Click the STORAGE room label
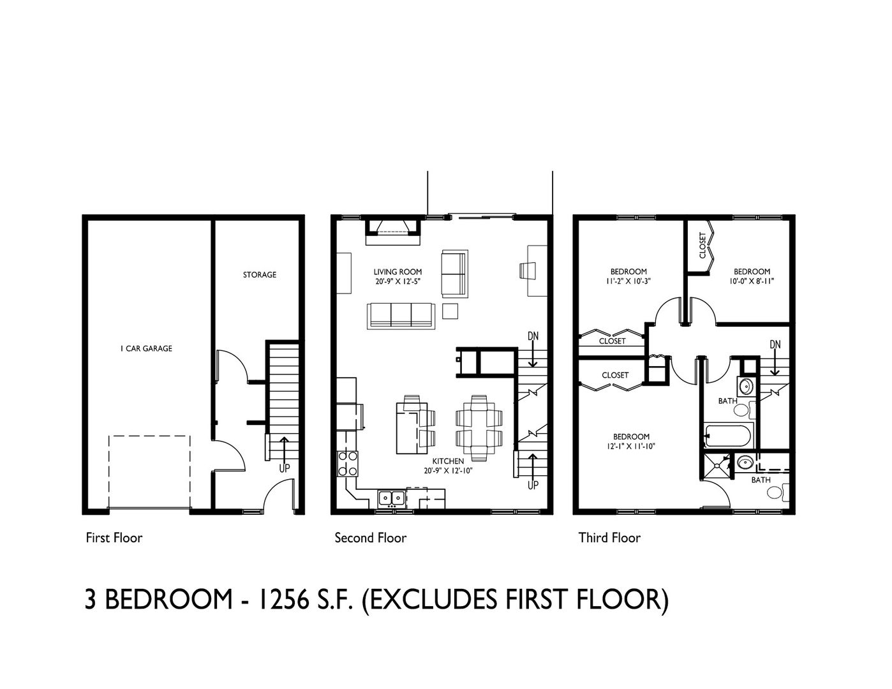pyautogui.click(x=260, y=274)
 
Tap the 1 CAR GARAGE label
pyautogui.click(x=146, y=348)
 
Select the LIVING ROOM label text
pyautogui.click(x=398, y=272)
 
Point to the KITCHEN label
pyautogui.click(x=448, y=461)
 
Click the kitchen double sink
pyautogui.click(x=392, y=498)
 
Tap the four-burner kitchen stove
pyautogui.click(x=347, y=463)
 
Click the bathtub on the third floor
pyautogui.click(x=729, y=435)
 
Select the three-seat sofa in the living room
pyautogui.click(x=401, y=316)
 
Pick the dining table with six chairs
pyautogui.click(x=479, y=428)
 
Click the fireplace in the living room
pyautogui.click(x=393, y=232)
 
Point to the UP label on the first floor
pyautogui.click(x=285, y=468)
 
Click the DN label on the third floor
pyautogui.click(x=775, y=344)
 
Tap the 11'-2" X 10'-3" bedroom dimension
pyautogui.click(x=628, y=281)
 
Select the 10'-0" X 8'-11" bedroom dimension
pyautogui.click(x=752, y=281)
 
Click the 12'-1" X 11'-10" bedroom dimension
pyautogui.click(x=631, y=447)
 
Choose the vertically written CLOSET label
pyautogui.click(x=702, y=246)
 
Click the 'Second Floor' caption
pyautogui.click(x=370, y=538)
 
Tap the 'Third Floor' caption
pyautogui.click(x=609, y=538)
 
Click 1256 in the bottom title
pyautogui.click(x=283, y=600)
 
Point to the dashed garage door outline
pyautogui.click(x=149, y=436)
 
